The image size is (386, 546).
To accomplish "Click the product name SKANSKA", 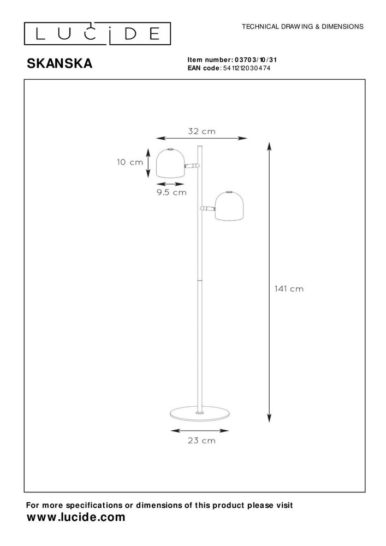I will pos(60,64).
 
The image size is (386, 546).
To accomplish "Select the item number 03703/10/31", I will pos(259,60).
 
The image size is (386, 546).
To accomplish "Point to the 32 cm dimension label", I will pos(201,131).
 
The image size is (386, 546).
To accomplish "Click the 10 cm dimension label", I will pos(129,162).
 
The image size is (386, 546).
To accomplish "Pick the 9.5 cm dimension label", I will pos(171,192).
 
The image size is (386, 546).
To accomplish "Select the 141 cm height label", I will pos(289,289).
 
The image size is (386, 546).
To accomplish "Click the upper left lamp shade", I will pos(170,162).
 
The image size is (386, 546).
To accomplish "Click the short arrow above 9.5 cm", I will pos(170,184).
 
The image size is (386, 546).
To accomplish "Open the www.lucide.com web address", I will pos(76,517).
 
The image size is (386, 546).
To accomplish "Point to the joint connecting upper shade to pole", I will pos(191,165).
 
